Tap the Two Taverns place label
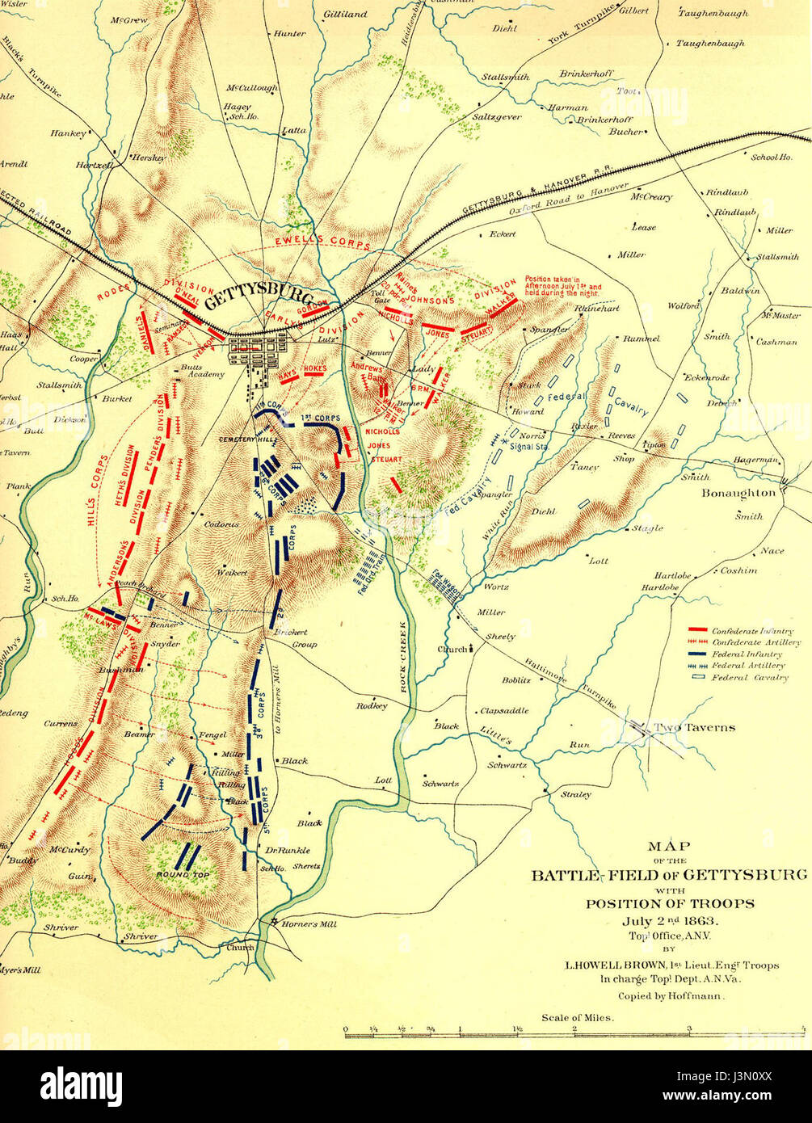694,727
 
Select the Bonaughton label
738,492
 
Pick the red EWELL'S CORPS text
322,241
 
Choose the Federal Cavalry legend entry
749,677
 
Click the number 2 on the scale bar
574,1028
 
